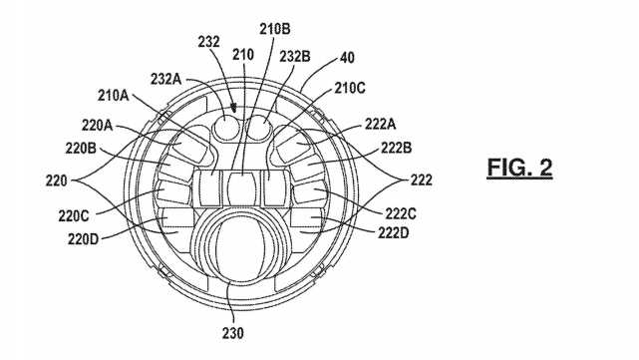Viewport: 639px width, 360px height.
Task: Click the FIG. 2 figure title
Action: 519,168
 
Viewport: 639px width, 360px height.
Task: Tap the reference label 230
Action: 233,333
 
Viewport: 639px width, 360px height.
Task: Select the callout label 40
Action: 347,58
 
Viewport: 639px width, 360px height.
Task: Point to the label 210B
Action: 275,29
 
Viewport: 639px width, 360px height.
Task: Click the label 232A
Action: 165,79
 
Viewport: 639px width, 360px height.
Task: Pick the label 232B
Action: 295,57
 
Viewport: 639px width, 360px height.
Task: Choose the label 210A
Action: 114,96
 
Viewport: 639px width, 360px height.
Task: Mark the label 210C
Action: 350,88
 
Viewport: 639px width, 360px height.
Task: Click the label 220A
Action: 97,126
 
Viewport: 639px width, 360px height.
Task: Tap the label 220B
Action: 81,148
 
